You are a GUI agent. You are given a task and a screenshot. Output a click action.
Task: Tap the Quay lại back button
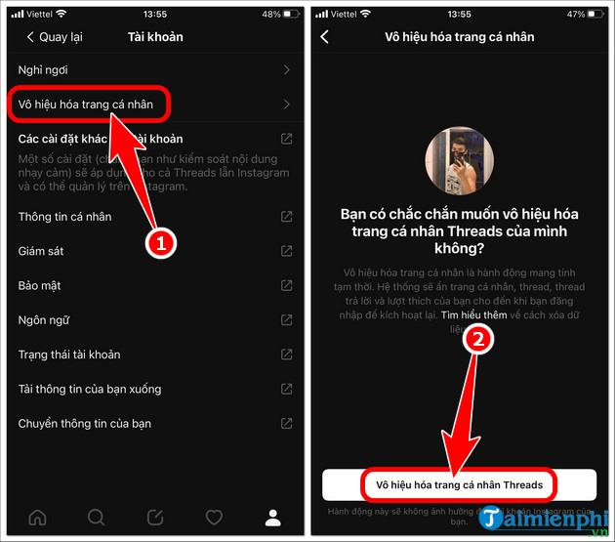(x=55, y=37)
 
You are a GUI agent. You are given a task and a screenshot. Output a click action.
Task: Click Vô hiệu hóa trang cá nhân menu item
(x=89, y=104)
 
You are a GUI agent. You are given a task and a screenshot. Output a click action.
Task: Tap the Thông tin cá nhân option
(x=64, y=217)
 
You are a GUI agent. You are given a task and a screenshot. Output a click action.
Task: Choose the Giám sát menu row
(x=41, y=251)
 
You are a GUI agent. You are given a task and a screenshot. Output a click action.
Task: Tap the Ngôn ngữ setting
(x=44, y=320)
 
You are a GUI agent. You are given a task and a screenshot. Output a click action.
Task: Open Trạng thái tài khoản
(x=69, y=354)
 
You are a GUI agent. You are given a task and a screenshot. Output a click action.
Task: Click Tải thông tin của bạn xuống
(x=90, y=389)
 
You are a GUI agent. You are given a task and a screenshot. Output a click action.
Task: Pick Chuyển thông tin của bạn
(x=85, y=424)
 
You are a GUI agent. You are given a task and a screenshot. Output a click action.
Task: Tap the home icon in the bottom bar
(x=37, y=517)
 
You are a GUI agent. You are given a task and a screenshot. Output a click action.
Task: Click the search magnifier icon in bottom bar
(x=97, y=517)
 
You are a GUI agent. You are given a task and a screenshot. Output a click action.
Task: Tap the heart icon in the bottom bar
(x=214, y=517)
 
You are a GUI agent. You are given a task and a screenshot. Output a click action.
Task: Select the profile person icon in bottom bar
(x=273, y=517)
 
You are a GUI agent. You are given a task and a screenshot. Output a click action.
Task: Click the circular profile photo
(x=460, y=160)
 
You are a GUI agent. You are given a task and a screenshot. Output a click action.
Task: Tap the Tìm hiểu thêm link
(x=473, y=316)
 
